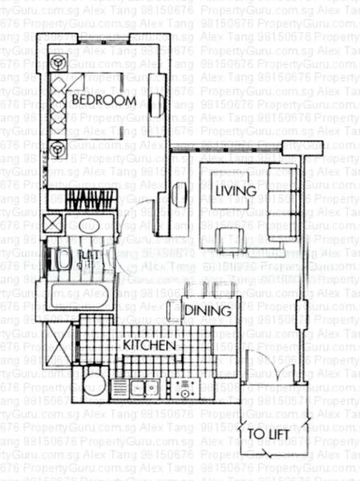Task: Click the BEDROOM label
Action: [103, 100]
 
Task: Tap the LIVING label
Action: [236, 191]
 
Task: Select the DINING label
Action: [208, 310]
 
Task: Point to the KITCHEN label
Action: [148, 345]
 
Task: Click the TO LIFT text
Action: [267, 435]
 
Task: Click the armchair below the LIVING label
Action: [231, 238]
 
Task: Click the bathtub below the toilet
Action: [79, 296]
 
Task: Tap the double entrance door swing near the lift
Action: [265, 367]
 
